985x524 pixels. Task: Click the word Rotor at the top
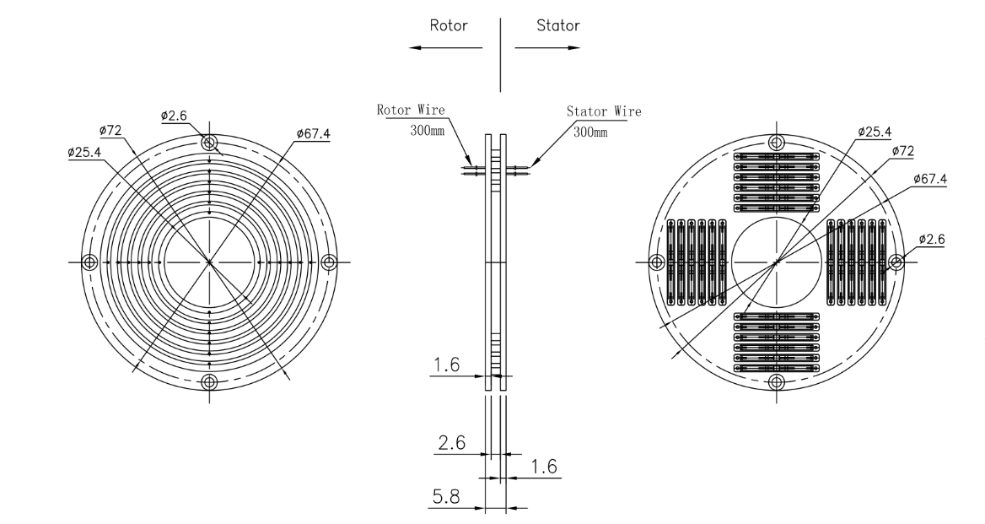pos(449,25)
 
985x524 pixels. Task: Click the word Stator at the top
pos(558,25)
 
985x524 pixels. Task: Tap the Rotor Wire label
pos(411,110)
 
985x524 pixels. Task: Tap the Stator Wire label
pos(603,111)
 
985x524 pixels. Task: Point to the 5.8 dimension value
pos(446,500)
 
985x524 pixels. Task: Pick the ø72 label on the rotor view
pos(111,131)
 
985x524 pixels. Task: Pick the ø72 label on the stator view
pos(904,150)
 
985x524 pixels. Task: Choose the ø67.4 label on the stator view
pos(929,180)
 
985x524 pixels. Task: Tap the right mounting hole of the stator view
pos(896,262)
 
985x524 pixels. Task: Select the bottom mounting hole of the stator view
pos(778,382)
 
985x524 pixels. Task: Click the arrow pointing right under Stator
pos(548,47)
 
